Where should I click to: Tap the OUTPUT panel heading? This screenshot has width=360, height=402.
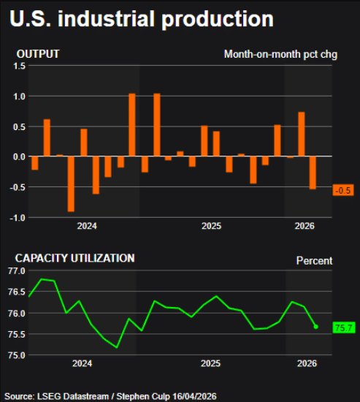pyautogui.click(x=38, y=54)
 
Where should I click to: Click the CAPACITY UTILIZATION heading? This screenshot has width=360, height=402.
pyautogui.click(x=75, y=258)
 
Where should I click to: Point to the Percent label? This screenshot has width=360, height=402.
pyautogui.click(x=314, y=261)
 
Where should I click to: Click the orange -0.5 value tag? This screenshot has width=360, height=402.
pyautogui.click(x=342, y=190)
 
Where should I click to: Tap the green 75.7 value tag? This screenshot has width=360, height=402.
pyautogui.click(x=342, y=328)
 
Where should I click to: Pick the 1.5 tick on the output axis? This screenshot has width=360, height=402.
pyautogui.click(x=19, y=66)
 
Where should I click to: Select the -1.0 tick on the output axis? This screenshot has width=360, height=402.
pyautogui.click(x=18, y=218)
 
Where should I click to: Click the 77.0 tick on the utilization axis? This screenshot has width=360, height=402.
pyautogui.click(x=16, y=271)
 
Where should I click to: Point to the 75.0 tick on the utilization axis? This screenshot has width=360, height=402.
pyautogui.click(x=16, y=355)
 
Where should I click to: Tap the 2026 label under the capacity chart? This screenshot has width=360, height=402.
pyautogui.click(x=307, y=363)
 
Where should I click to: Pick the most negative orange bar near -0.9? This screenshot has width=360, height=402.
pyautogui.click(x=71, y=183)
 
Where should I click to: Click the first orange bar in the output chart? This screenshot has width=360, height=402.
pyautogui.click(x=34, y=163)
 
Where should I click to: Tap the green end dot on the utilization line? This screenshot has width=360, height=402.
pyautogui.click(x=316, y=327)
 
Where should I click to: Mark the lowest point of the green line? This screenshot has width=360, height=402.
pyautogui.click(x=117, y=347)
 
